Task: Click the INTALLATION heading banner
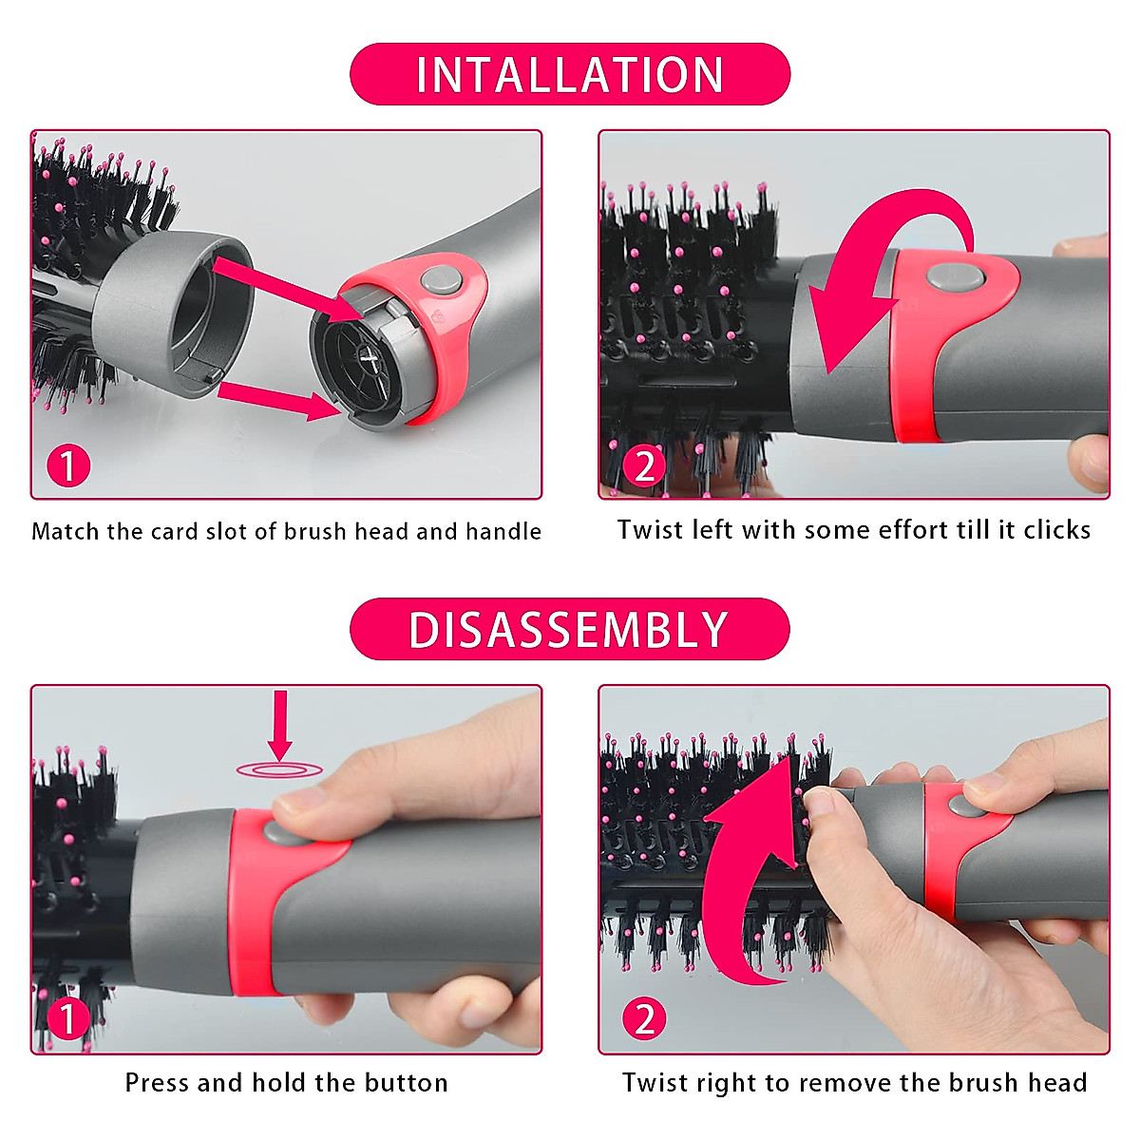pyautogui.click(x=570, y=74)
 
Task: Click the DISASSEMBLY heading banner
pyautogui.click(x=570, y=629)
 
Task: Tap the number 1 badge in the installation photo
pyautogui.click(x=68, y=466)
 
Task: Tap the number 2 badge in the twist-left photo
pyautogui.click(x=645, y=466)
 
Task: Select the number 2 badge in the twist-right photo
pyautogui.click(x=645, y=1019)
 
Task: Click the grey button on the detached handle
pyautogui.click(x=440, y=279)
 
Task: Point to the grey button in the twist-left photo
pyautogui.click(x=955, y=276)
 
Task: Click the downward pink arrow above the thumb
pyautogui.click(x=279, y=724)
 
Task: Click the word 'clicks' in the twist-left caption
pyautogui.click(x=1056, y=530)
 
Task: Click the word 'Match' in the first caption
pyautogui.click(x=66, y=531)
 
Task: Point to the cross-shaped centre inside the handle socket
pyautogui.click(x=368, y=359)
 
